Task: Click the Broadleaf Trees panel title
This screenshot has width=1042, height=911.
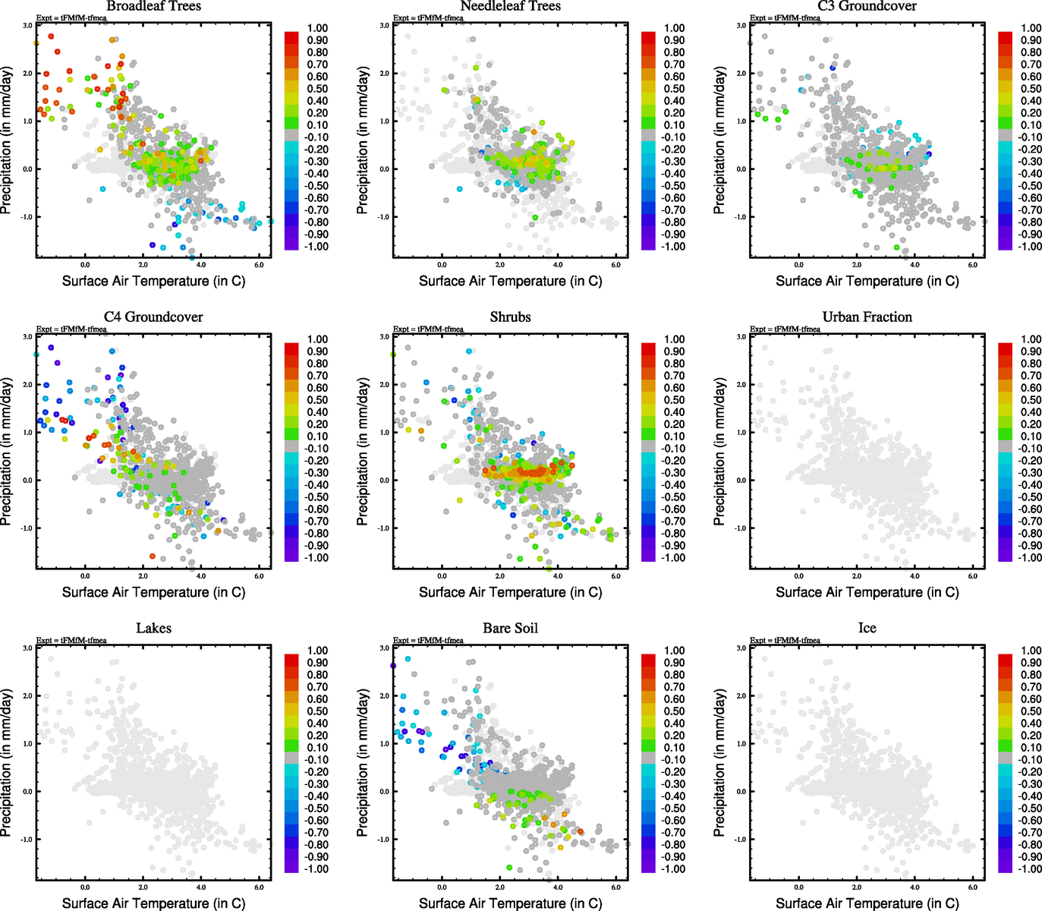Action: pyautogui.click(x=153, y=6)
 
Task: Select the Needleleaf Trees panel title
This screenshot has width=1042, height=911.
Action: pyautogui.click(x=510, y=6)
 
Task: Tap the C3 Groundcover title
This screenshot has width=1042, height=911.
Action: pyautogui.click(x=867, y=6)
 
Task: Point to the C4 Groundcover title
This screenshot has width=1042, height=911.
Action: pyautogui.click(x=153, y=317)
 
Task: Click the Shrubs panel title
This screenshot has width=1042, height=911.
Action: pyautogui.click(x=510, y=317)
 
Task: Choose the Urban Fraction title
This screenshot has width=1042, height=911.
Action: pyautogui.click(x=867, y=317)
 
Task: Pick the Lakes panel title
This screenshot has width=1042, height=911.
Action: pyautogui.click(x=153, y=629)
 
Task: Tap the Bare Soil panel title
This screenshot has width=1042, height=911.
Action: pyautogui.click(x=510, y=629)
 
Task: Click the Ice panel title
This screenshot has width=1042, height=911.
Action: pyautogui.click(x=867, y=629)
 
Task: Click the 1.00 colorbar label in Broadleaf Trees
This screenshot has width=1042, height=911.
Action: pyautogui.click(x=317, y=28)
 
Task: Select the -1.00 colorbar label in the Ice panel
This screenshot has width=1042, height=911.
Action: pyautogui.click(x=1030, y=869)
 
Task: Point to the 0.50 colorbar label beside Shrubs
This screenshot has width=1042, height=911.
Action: pyautogui.click(x=675, y=400)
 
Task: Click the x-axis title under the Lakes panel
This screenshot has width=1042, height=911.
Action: pyautogui.click(x=153, y=903)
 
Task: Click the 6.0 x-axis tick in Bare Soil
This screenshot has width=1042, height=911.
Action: pyautogui.click(x=615, y=887)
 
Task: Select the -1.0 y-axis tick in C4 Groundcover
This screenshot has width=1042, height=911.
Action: pyautogui.click(x=27, y=528)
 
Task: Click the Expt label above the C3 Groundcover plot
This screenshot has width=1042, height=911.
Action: pyautogui.click(x=785, y=17)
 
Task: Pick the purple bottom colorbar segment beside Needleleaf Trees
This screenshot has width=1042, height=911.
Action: pyautogui.click(x=648, y=244)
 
